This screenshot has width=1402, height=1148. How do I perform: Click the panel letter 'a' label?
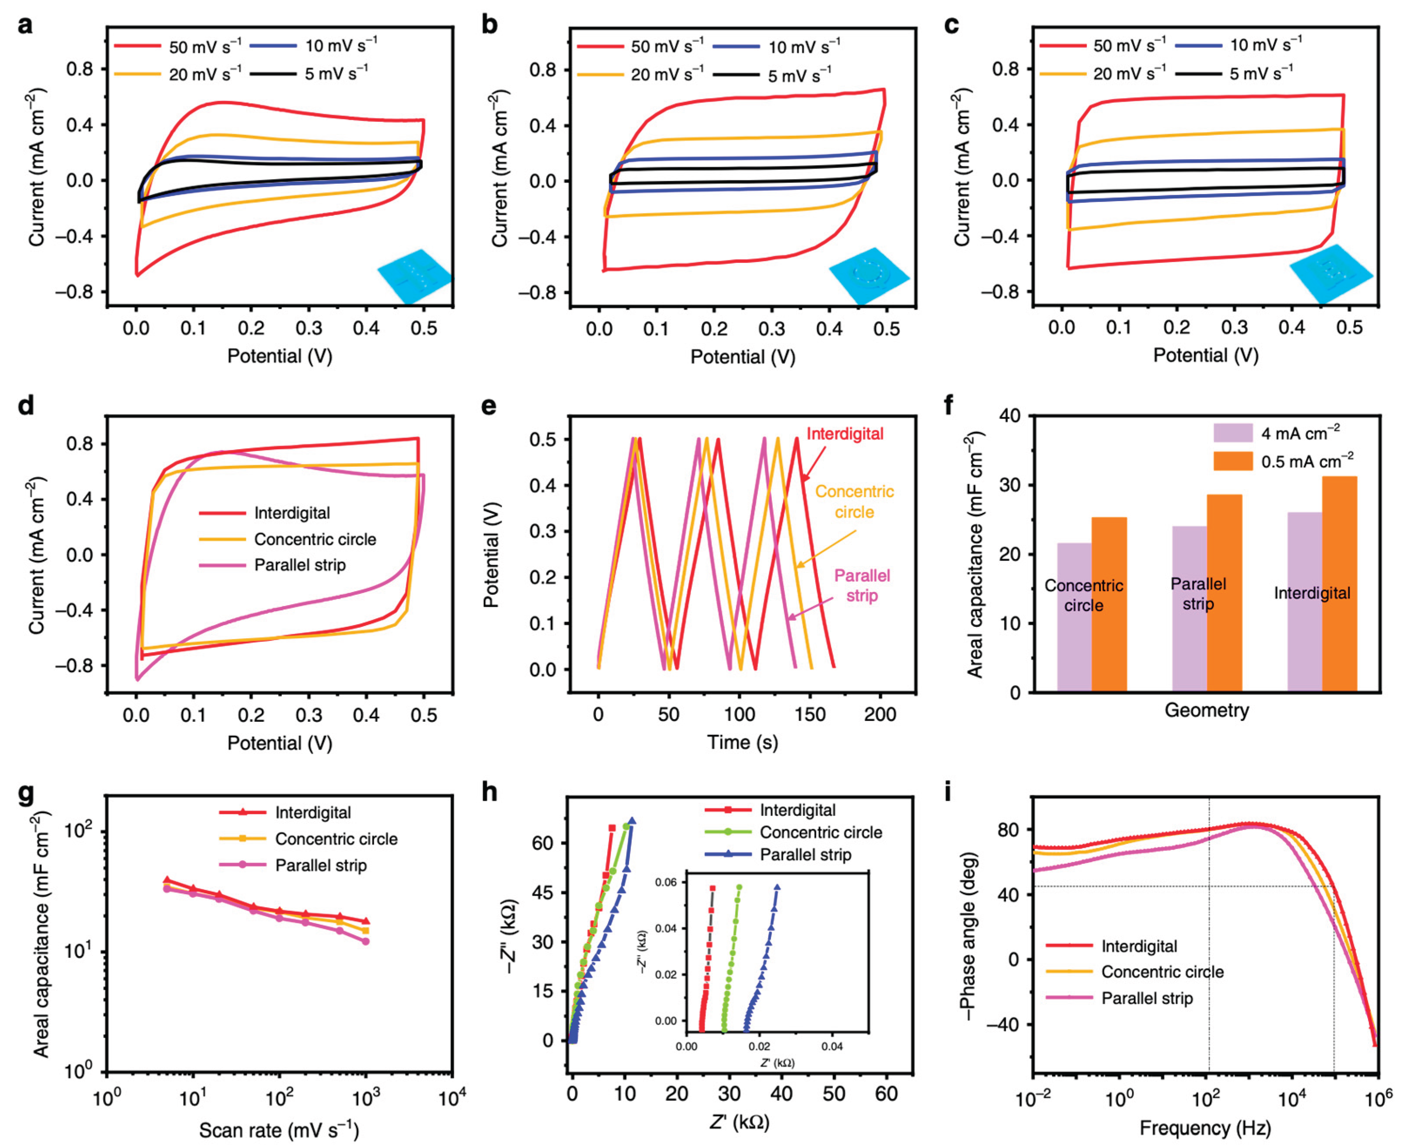click(25, 26)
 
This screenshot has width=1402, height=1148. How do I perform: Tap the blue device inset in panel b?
click(868, 275)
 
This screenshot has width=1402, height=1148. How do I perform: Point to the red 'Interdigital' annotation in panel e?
click(844, 434)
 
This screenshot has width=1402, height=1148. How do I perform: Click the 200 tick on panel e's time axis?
click(880, 715)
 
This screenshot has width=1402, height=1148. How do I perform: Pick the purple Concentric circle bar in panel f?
click(1074, 617)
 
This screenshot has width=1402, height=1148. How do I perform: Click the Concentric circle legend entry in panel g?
click(336, 839)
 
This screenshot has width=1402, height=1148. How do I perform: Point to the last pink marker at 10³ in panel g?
click(366, 941)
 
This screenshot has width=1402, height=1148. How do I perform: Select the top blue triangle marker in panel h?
click(632, 821)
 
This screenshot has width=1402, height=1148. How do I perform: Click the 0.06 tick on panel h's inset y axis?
click(666, 882)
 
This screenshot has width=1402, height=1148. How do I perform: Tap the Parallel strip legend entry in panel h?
click(805, 855)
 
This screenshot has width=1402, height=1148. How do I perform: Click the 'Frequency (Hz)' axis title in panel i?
click(1204, 1128)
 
